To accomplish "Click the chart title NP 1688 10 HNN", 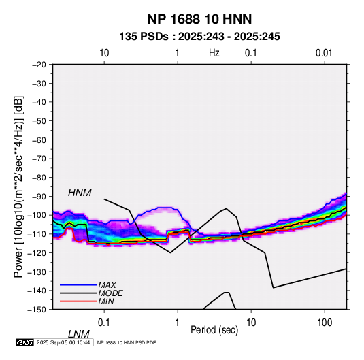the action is coord(199,19).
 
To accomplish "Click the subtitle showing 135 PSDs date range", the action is coord(199,37).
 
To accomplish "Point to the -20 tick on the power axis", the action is coord(39,65).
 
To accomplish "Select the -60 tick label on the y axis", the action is coord(39,140).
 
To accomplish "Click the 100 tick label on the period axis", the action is coord(325,323).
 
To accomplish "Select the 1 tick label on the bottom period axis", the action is coord(178,323).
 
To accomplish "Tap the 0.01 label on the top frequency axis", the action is coord(324,53).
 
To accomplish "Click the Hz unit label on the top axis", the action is coord(214,53).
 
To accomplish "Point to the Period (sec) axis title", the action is coord(214,330).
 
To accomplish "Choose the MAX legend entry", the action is coord(107,284).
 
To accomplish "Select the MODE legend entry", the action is coord(110,293).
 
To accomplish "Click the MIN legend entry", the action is coord(106,301).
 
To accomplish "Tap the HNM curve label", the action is coord(80,193).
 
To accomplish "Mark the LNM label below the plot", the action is coord(79,334).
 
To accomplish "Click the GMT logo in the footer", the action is coord(24,342).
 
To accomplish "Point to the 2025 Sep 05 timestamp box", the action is coord(63,342).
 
